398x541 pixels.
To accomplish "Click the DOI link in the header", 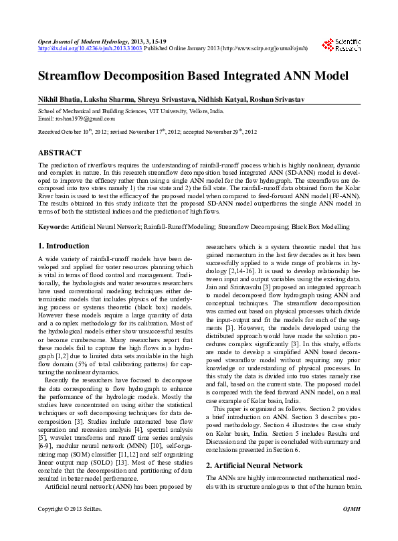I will (x=90, y=48).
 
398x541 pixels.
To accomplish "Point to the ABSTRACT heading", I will (x=60, y=153).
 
